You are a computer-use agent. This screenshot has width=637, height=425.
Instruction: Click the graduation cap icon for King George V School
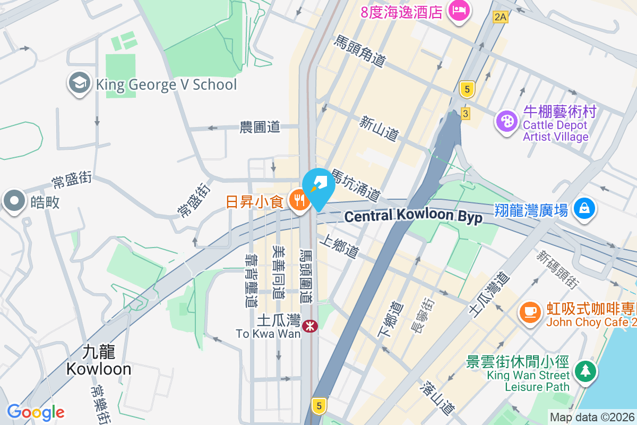[x=80, y=84]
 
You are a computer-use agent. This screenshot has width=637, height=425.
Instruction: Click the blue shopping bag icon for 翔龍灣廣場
[x=584, y=209]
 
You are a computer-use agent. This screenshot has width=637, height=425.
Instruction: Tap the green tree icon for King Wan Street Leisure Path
[x=584, y=370]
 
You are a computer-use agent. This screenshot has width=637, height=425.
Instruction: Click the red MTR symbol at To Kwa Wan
[x=309, y=326]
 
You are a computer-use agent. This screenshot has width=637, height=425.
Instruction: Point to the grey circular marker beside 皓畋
[x=14, y=201]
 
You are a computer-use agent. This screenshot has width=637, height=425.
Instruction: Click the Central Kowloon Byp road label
[x=414, y=216]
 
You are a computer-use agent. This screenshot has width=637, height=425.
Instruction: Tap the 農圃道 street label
[x=260, y=127]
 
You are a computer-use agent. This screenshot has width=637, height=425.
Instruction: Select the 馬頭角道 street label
[x=359, y=51]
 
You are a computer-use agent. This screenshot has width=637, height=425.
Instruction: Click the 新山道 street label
[x=379, y=129]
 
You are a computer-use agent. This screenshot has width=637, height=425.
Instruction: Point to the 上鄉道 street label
[x=339, y=248]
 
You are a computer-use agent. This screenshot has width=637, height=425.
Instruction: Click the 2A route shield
[x=501, y=17]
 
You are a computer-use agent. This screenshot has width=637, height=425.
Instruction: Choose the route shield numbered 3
[x=466, y=114]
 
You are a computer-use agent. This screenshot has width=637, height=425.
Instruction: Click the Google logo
[x=36, y=412]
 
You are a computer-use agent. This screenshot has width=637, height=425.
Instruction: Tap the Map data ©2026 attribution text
[x=591, y=417]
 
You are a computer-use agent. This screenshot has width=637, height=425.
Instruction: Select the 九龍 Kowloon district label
[x=99, y=360]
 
